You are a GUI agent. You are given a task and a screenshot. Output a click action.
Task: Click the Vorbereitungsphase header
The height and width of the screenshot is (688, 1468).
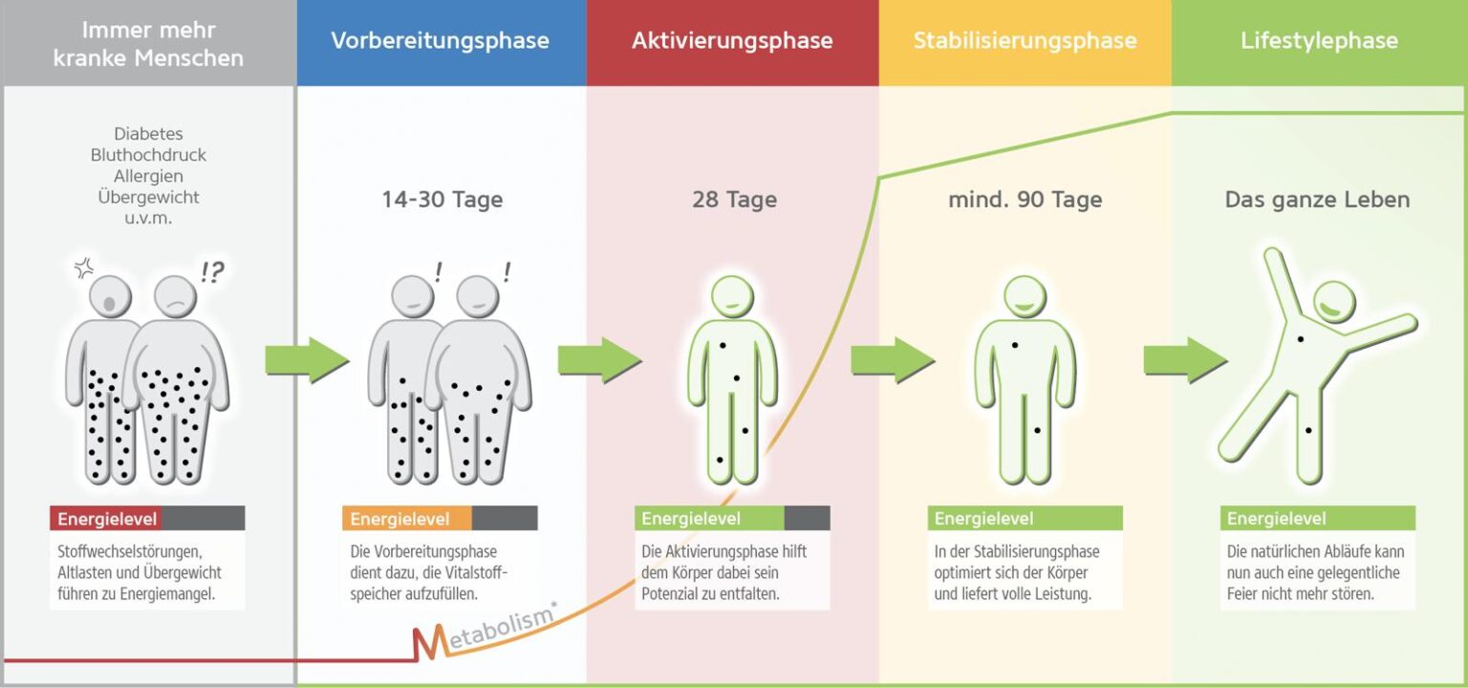click(x=440, y=41)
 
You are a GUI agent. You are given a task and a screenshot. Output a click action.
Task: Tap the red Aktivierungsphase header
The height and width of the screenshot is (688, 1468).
click(x=732, y=41)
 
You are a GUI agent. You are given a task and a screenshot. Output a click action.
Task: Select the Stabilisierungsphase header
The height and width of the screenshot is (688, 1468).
click(x=1025, y=41)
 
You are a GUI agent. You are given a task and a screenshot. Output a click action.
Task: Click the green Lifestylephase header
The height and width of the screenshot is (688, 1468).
click(x=1319, y=41)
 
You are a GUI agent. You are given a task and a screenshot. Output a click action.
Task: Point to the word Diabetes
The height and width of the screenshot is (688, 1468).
click(x=148, y=134)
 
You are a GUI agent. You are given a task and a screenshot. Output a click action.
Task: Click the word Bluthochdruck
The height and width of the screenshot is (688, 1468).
click(x=148, y=155)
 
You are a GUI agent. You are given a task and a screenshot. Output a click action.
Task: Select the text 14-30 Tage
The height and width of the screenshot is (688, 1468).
click(x=442, y=200)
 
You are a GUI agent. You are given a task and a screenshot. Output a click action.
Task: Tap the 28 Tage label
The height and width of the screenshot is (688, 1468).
click(x=734, y=200)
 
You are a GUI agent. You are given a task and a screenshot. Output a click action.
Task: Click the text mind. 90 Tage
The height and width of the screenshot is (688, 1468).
click(x=1025, y=200)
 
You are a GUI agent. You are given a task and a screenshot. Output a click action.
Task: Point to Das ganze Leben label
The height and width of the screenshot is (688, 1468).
click(x=1317, y=200)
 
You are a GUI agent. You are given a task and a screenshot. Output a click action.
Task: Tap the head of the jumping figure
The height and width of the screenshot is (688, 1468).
click(x=1333, y=303)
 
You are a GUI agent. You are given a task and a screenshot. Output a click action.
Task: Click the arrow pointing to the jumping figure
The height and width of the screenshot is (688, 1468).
click(x=1185, y=360)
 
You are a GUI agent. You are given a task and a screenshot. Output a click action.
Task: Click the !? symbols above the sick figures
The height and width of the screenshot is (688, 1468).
click(x=212, y=272)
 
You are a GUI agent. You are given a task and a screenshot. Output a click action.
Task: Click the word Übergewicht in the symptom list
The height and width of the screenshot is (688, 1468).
click(x=148, y=197)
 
